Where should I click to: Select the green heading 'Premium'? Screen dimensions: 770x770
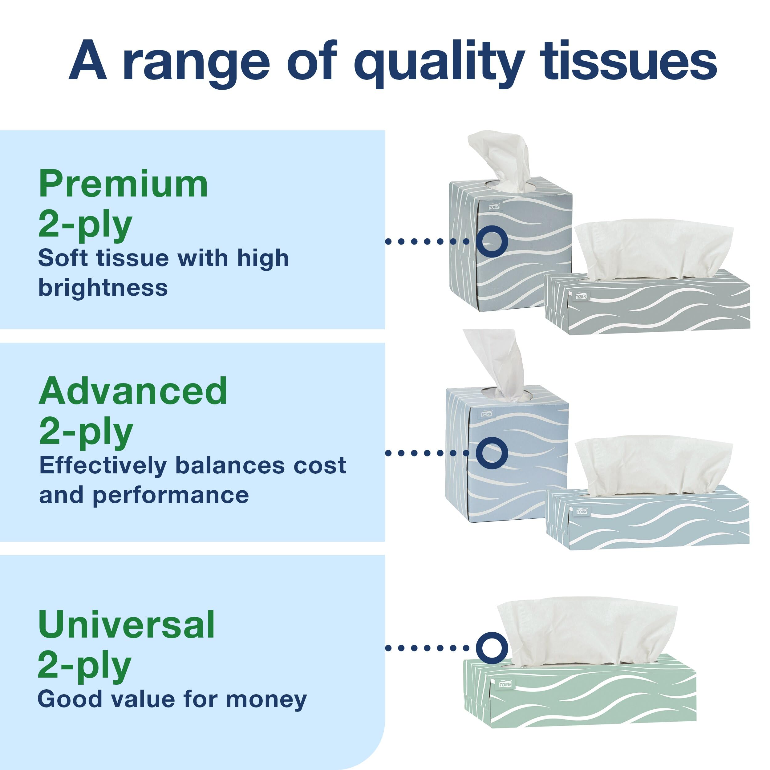pos(123,184)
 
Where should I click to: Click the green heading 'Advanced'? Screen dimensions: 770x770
pos(133,391)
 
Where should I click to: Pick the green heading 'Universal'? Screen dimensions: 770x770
pos(126,625)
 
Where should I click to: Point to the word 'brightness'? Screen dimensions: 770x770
pos(103,288)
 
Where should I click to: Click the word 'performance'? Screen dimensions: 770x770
pos(171,495)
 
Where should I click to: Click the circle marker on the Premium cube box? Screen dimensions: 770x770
pos(492,241)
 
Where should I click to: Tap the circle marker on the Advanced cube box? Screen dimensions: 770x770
pos(492,453)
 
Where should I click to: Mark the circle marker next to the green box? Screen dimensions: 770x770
pos(492,648)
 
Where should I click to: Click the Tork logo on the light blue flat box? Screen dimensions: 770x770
pos(582,511)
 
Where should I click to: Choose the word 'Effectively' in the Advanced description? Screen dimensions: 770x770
pos(103,465)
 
